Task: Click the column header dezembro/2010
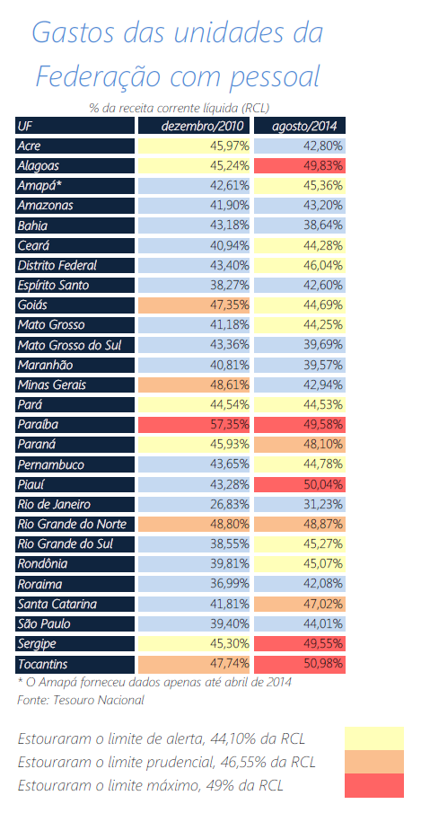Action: [194, 126]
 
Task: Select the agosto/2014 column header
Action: [299, 126]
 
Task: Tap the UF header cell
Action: [75, 126]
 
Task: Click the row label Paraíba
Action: [75, 425]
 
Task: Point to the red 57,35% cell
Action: [194, 425]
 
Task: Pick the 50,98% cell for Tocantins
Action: [299, 664]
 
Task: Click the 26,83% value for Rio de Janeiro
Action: [194, 505]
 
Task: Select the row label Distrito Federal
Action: [75, 266]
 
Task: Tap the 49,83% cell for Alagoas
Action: [299, 166]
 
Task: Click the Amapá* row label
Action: [75, 186]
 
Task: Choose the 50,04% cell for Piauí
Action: [299, 485]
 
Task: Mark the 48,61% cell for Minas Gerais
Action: [194, 384]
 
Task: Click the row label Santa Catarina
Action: [75, 604]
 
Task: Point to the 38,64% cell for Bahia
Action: [299, 225]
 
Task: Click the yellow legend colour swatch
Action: [374, 738]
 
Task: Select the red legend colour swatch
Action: [374, 785]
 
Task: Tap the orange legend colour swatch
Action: [374, 762]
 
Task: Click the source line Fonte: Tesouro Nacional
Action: [81, 700]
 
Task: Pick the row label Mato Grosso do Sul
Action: [75, 345]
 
